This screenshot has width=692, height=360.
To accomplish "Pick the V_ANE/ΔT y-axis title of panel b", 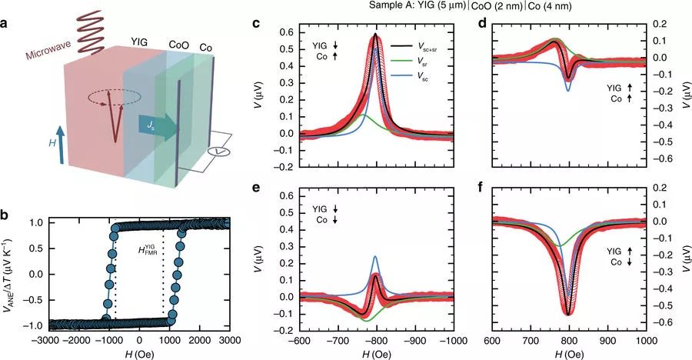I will [12, 273].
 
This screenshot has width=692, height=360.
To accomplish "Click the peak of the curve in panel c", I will [375, 35].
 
